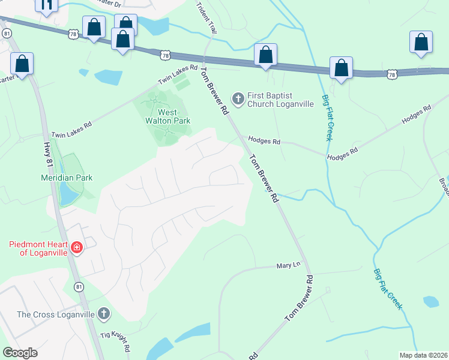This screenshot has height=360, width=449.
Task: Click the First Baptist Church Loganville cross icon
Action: click(x=238, y=98)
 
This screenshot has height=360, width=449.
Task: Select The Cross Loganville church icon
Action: click(x=104, y=314)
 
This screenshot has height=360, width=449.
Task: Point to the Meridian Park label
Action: click(x=67, y=178)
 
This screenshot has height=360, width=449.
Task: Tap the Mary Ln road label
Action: click(x=288, y=265)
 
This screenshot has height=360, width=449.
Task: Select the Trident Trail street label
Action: click(x=205, y=17)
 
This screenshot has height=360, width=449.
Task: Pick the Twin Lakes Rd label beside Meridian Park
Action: click(x=71, y=130)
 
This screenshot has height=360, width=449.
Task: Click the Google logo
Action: click(x=20, y=353)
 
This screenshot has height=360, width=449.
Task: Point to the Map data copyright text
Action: click(x=423, y=355)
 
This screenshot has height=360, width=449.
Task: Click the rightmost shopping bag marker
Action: click(x=421, y=43)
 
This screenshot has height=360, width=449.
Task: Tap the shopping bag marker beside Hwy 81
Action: click(x=22, y=64)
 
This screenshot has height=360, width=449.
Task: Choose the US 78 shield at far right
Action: click(x=392, y=74)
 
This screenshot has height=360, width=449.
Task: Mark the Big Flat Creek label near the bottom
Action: click(x=387, y=289)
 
